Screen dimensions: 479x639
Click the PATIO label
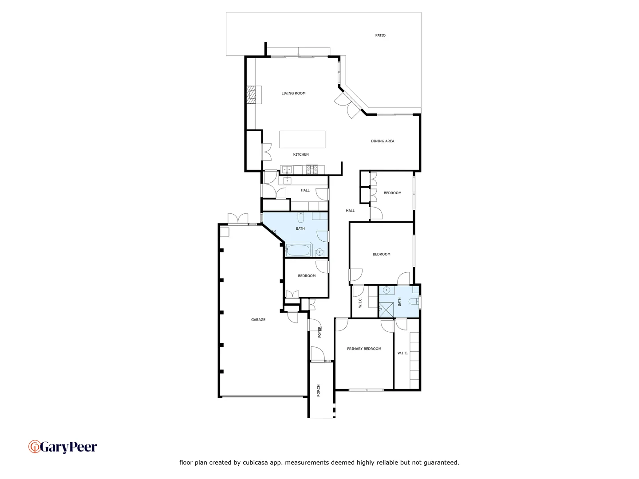coord(380,35)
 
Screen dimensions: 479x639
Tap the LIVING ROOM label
coord(293,94)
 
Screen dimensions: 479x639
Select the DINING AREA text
coord(383,141)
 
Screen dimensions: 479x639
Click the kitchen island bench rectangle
coord(302,139)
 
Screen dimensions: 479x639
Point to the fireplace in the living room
coord(252,94)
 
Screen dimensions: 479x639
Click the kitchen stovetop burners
coord(312,169)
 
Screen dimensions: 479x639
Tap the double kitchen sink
coord(287,169)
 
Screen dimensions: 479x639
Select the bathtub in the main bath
coord(298,250)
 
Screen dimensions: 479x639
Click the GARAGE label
coord(258,320)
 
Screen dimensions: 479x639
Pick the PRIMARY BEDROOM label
coord(364,349)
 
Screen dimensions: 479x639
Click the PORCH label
coord(318,390)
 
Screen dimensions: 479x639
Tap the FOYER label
coord(319,332)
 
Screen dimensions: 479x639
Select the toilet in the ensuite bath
coord(413,302)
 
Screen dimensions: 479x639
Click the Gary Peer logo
coord(63,447)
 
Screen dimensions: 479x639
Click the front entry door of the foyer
coord(318,355)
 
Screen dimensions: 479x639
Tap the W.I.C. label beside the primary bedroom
coord(402,353)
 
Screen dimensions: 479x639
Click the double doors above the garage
coord(238,219)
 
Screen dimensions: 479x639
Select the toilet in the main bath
coord(300,218)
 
